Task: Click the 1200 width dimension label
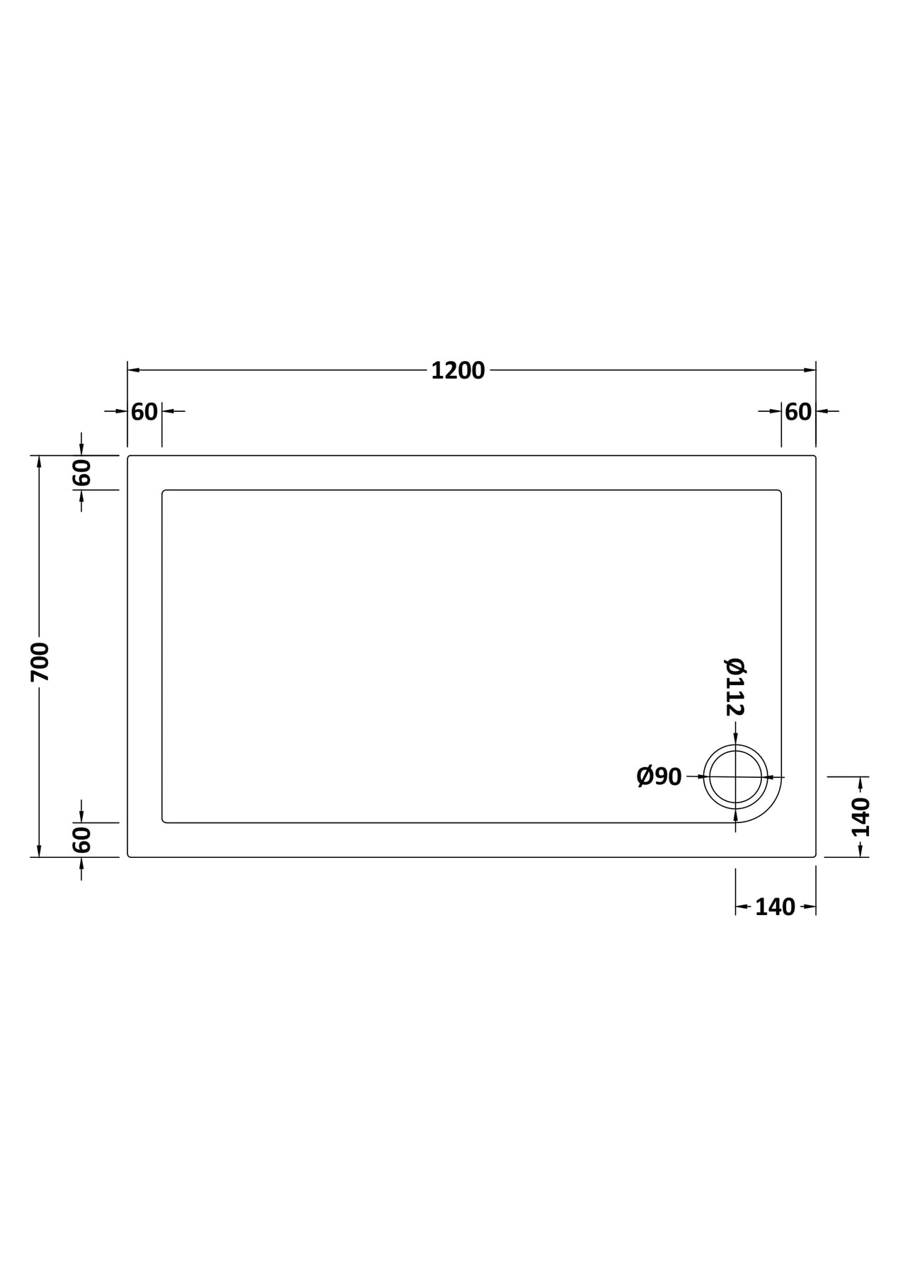coord(458,370)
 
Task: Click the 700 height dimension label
coord(40,662)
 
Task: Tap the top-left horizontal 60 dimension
coord(144,411)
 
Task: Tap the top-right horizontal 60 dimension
coord(798,411)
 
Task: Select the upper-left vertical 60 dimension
coord(82,472)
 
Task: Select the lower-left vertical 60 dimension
coord(82,839)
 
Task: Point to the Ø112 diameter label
coord(735,687)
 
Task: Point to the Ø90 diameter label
coord(659,776)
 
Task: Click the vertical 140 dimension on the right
coord(861,817)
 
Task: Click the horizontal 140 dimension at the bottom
coord(775,907)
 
